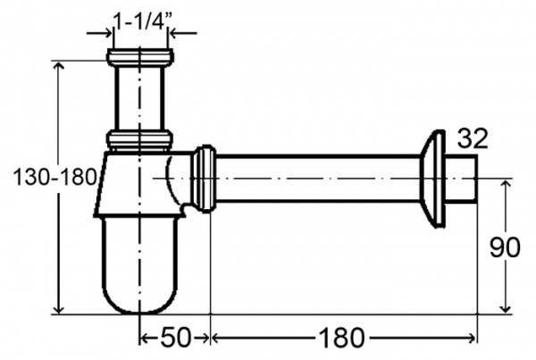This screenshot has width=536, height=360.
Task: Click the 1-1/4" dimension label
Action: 142,22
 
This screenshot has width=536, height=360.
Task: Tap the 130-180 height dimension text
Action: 54,178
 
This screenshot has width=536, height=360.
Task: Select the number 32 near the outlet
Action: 473,138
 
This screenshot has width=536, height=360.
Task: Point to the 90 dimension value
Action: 504,247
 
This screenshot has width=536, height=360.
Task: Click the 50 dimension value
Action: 175,338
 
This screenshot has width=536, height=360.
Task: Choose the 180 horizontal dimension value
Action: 341,338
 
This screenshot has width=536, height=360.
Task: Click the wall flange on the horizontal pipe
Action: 432,179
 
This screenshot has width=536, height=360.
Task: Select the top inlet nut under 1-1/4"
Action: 140,57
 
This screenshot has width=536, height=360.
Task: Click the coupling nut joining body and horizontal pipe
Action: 204,179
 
